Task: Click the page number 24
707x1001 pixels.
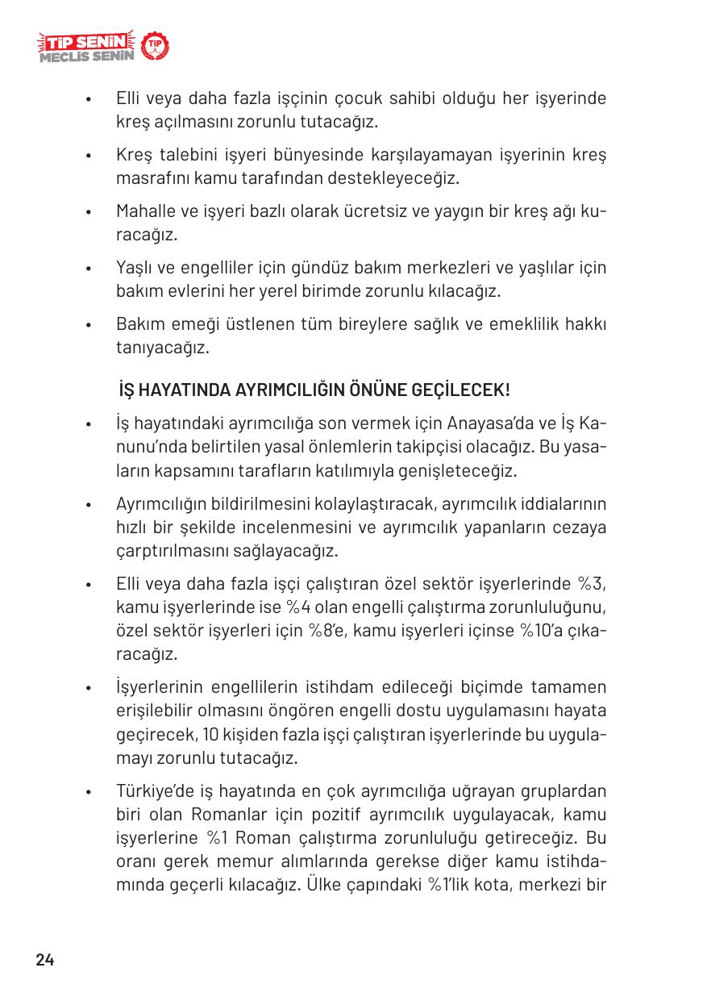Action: (x=44, y=960)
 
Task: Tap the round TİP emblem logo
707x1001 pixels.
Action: (x=156, y=48)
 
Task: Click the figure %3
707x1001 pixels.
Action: (x=593, y=584)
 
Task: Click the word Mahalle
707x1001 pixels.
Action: (x=143, y=212)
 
